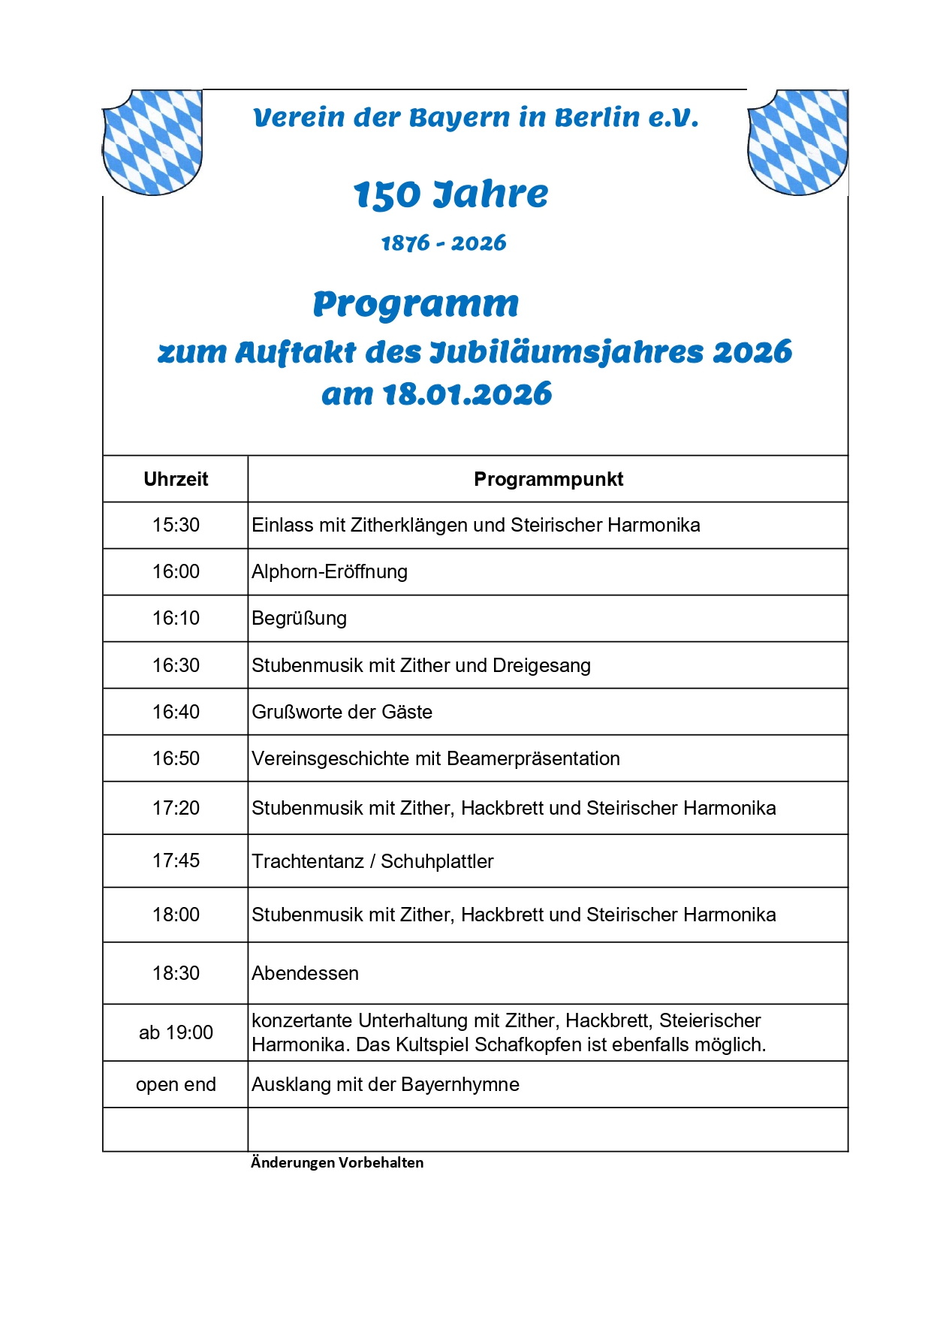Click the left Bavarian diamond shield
point(152,142)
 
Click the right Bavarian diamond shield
point(797,142)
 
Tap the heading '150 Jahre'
point(450,194)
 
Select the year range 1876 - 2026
point(444,243)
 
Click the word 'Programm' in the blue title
point(416,304)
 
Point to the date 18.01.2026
point(467,394)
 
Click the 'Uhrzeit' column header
point(176,479)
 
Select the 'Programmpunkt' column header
point(548,479)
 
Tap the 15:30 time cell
point(176,525)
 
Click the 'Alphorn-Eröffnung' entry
point(330,571)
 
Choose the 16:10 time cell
point(176,618)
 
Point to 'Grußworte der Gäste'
point(342,712)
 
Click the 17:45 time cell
point(176,860)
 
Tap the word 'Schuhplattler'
point(437,861)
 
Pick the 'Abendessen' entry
point(305,973)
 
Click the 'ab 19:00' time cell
point(176,1032)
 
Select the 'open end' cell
point(176,1084)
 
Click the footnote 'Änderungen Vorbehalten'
point(337,1162)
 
